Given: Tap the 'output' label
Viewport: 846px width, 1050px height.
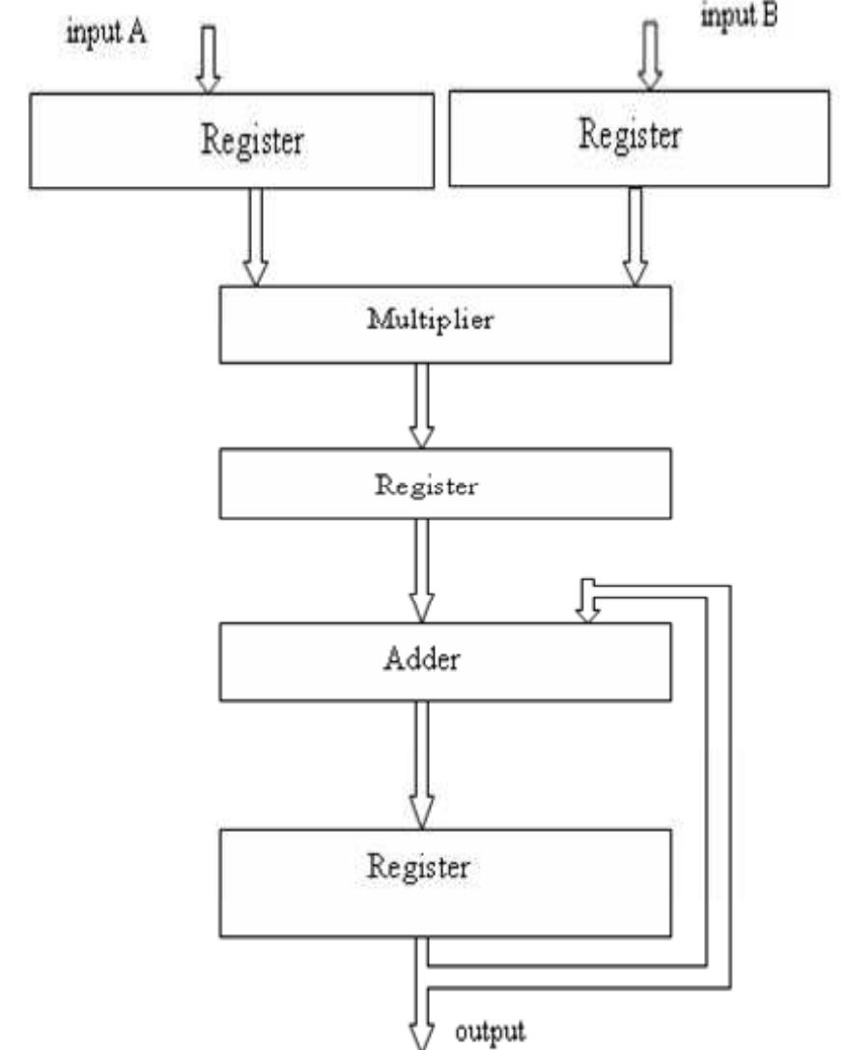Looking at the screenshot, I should (x=491, y=1030).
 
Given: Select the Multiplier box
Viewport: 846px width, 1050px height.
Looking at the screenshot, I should (x=444, y=324).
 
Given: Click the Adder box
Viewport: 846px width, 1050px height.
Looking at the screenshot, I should (x=444, y=661).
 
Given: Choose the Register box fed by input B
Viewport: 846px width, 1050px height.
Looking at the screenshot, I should (x=638, y=136).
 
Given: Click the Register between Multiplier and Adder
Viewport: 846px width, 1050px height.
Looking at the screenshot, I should (x=444, y=485).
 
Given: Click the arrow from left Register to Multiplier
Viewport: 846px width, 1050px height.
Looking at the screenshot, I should (x=255, y=237).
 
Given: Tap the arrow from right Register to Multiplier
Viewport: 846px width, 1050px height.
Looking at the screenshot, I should (x=634, y=235).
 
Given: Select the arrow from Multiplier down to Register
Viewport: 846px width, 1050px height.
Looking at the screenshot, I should (x=422, y=406).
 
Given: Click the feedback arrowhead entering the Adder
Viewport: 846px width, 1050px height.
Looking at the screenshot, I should (x=586, y=608).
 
